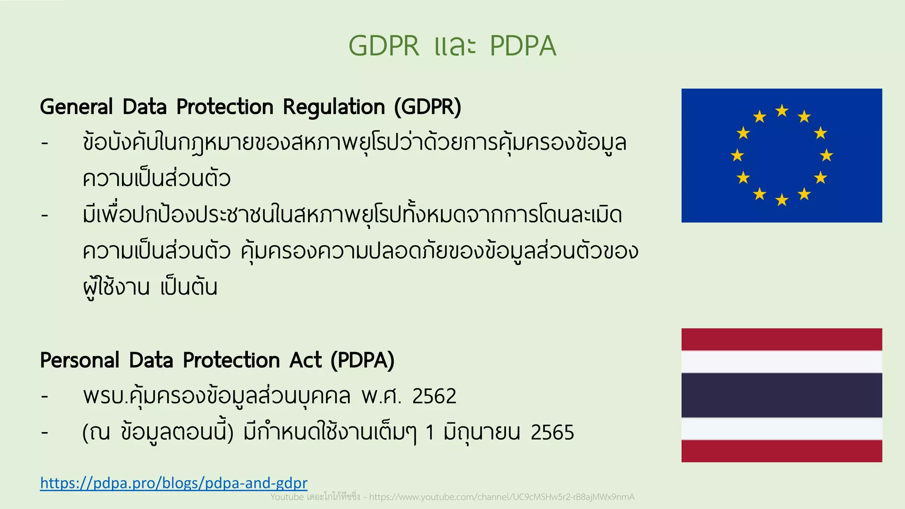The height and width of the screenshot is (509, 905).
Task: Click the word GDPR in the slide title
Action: [x=384, y=46]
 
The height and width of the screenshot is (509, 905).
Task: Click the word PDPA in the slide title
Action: [x=523, y=46]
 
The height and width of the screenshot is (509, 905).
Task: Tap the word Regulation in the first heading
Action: [x=334, y=107]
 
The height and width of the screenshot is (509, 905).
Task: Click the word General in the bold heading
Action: [x=76, y=107]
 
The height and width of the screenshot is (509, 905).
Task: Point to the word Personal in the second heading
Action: [x=80, y=360]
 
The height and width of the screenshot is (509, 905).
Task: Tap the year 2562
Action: [x=434, y=396]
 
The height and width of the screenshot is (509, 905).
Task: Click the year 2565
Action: [x=552, y=433]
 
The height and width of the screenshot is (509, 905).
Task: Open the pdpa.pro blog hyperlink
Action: [x=174, y=483]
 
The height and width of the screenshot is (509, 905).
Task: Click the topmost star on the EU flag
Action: [x=782, y=110]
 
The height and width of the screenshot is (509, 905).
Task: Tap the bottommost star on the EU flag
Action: [x=782, y=200]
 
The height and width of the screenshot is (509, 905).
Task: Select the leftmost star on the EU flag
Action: [x=737, y=156]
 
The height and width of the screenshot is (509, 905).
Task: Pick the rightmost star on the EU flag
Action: [x=826, y=156]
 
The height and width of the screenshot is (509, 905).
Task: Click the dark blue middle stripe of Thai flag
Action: [x=782, y=395]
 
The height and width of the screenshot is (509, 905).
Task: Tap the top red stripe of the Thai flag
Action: [x=782, y=339]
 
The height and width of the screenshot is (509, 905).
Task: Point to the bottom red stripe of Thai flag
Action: [x=782, y=451]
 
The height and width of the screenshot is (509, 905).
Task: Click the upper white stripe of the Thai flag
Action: [x=782, y=362]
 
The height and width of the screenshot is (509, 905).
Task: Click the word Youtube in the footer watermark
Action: [x=287, y=497]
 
